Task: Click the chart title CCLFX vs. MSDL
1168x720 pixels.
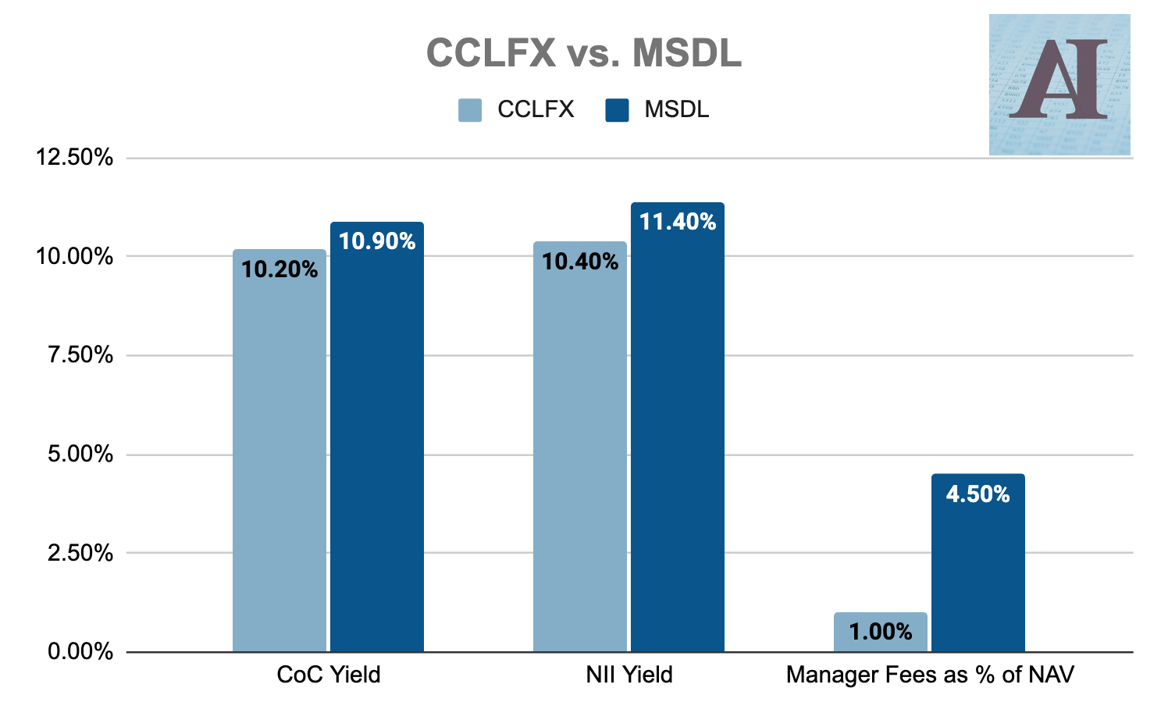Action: coord(583,54)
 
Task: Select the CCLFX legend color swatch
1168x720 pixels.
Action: coord(470,110)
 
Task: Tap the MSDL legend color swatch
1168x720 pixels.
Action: coord(617,110)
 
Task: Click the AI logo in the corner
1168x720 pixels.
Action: coord(1059,84)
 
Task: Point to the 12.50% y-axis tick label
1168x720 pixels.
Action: coord(75,158)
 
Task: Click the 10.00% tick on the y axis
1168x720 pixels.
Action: coord(75,256)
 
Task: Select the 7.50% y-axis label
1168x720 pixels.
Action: coord(80,355)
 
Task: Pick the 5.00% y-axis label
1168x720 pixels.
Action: coord(80,454)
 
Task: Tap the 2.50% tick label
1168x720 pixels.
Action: coord(80,553)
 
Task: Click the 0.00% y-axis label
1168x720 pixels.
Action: coord(80,651)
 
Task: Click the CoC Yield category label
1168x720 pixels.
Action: coord(329,675)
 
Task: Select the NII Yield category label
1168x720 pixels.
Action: coord(629,675)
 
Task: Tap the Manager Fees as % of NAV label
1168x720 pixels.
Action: coord(930,675)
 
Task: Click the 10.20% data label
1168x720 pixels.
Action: coord(280,270)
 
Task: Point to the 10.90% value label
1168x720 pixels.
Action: coord(377,241)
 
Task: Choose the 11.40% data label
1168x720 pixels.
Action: coord(678,222)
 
